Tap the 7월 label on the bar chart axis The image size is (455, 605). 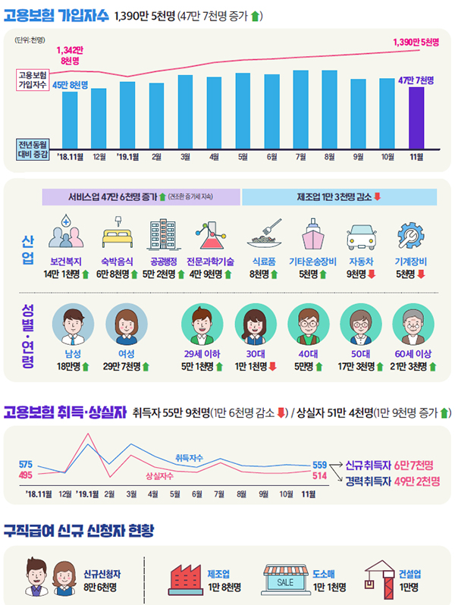[300, 157]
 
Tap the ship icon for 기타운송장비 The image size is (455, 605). [313, 235]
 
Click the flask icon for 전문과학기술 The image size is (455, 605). [209, 235]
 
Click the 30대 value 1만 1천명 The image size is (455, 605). [251, 367]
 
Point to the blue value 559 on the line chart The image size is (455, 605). [319, 464]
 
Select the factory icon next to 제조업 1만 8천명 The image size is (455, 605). [184, 578]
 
